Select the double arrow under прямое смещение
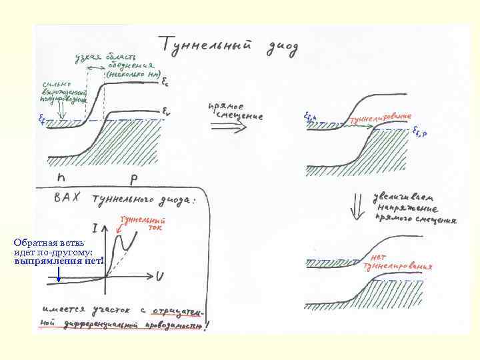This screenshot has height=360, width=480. [x=227, y=129]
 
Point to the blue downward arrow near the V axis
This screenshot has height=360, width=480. [x=59, y=274]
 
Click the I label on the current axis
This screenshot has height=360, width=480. [x=97, y=228]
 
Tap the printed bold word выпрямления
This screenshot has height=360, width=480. [x=41, y=261]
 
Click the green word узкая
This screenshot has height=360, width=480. [x=87, y=57]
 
